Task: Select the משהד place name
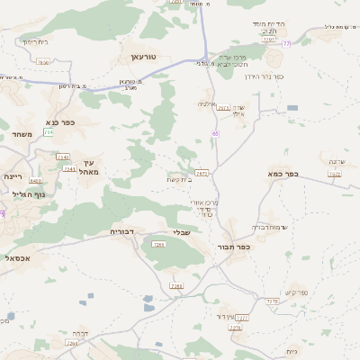[22, 134]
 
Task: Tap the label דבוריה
[121, 232]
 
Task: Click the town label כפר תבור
[233, 247]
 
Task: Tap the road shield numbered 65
[216, 133]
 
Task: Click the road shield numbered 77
[286, 44]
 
